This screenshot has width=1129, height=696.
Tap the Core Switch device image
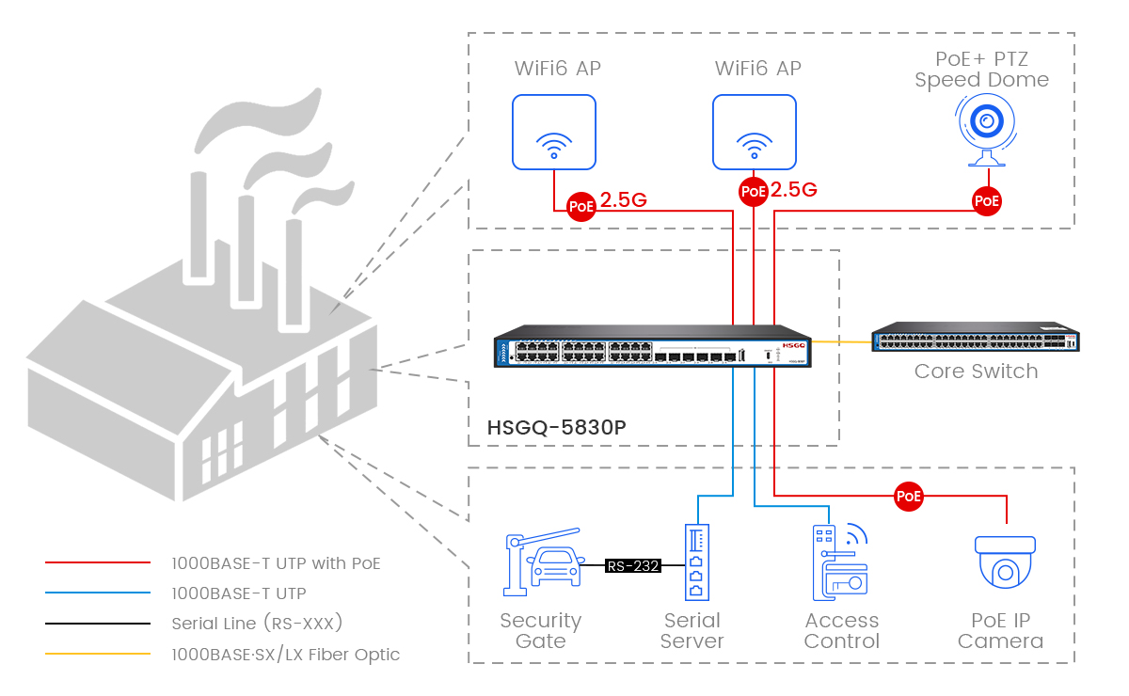pyautogui.click(x=976, y=340)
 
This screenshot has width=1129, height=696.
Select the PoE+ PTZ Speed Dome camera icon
pyautogui.click(x=985, y=132)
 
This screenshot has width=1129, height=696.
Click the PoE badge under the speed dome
pyautogui.click(x=986, y=200)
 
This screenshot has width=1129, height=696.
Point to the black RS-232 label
pyautogui.click(x=632, y=566)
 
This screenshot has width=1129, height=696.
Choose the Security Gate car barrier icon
pyautogui.click(x=541, y=564)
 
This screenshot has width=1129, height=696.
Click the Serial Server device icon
pyautogui.click(x=695, y=562)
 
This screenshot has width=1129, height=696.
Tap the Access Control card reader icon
pyautogui.click(x=840, y=562)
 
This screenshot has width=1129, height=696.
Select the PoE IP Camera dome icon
pyautogui.click(x=1006, y=570)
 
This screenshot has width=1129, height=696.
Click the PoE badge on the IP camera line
pyautogui.click(x=909, y=496)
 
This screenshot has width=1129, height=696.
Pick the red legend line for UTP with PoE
pyautogui.click(x=98, y=563)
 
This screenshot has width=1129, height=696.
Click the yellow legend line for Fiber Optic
pyautogui.click(x=98, y=654)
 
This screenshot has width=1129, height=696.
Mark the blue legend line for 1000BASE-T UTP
pyautogui.click(x=98, y=593)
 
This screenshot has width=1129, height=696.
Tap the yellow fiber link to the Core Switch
pyautogui.click(x=842, y=341)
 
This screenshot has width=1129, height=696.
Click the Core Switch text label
pyautogui.click(x=976, y=372)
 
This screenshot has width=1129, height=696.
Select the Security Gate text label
pyautogui.click(x=541, y=631)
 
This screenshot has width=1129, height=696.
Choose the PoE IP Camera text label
pyautogui.click(x=1000, y=631)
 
